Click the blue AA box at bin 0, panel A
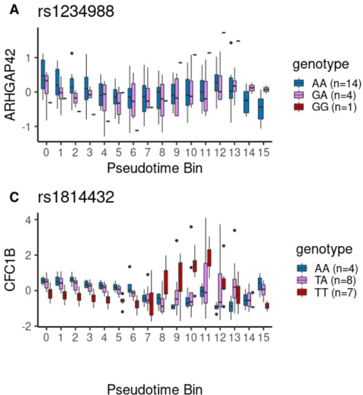click(x=43, y=74)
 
